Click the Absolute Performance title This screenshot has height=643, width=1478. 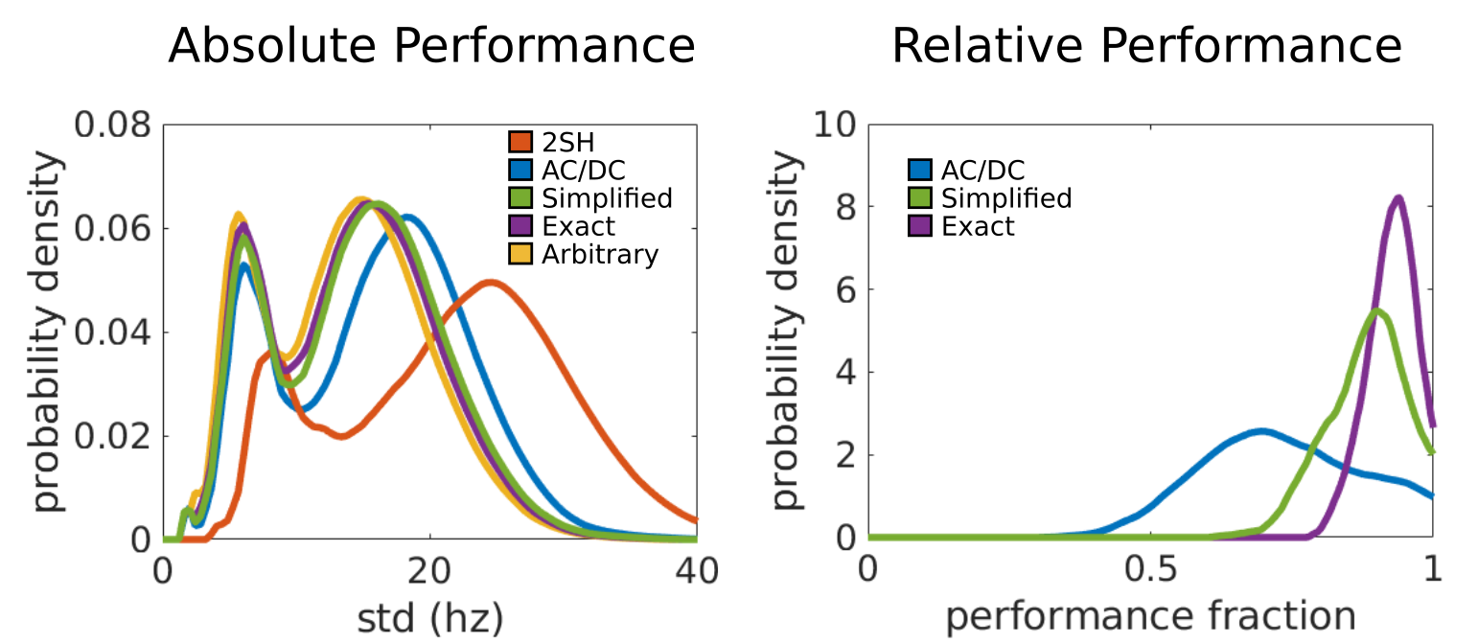[431, 45]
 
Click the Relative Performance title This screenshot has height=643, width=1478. [1147, 45]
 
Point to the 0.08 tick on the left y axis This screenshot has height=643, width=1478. [113, 126]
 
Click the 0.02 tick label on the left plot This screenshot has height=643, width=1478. [113, 436]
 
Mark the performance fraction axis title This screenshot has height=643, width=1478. [1150, 616]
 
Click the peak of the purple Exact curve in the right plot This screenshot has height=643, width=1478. [1398, 198]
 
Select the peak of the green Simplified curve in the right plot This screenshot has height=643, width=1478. [1377, 310]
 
